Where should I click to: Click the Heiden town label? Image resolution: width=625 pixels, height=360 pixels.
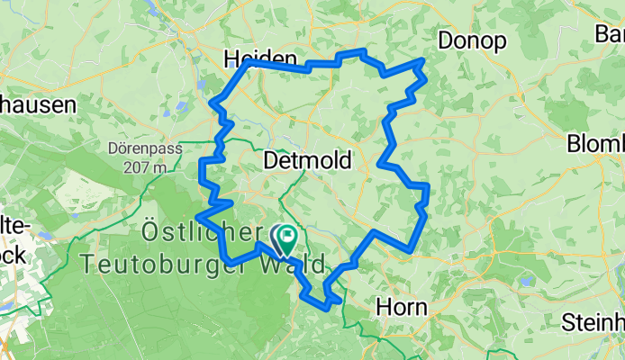260,58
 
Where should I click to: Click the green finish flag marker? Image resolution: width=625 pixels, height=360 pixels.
287,238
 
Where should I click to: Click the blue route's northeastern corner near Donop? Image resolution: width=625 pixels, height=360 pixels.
423,60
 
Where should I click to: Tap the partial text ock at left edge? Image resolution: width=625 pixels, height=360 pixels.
15,255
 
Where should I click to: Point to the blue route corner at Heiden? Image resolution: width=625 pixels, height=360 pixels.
249,64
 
